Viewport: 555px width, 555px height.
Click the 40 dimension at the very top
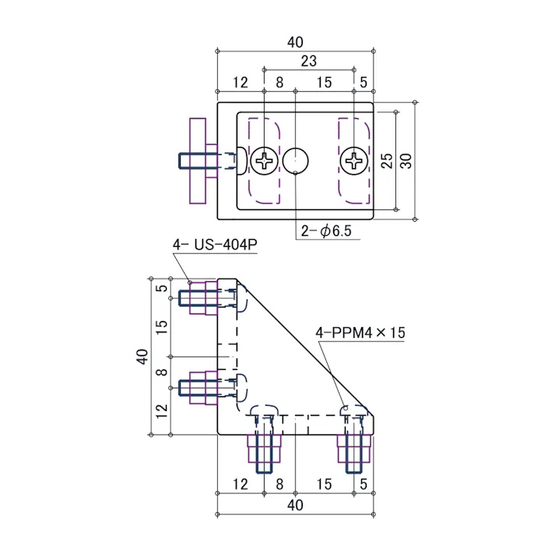tap(294, 42)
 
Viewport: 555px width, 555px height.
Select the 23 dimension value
tap(308, 61)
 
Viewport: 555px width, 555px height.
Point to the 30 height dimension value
tap(406, 160)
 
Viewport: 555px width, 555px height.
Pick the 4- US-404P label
tap(215, 245)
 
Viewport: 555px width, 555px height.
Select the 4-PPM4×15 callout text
tap(360, 332)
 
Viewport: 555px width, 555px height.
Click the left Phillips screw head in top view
tap(266, 161)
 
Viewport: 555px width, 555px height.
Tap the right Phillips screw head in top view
tap(355, 161)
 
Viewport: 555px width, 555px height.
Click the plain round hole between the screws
tap(297, 161)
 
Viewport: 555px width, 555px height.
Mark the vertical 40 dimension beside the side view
tap(142, 357)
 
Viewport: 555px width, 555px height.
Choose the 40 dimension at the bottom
tap(294, 505)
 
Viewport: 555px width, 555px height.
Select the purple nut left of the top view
tap(198, 161)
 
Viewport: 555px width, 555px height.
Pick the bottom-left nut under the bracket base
tap(265, 449)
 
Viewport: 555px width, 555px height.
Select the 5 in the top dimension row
tap(364, 82)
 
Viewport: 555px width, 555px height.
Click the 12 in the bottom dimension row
tap(240, 484)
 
